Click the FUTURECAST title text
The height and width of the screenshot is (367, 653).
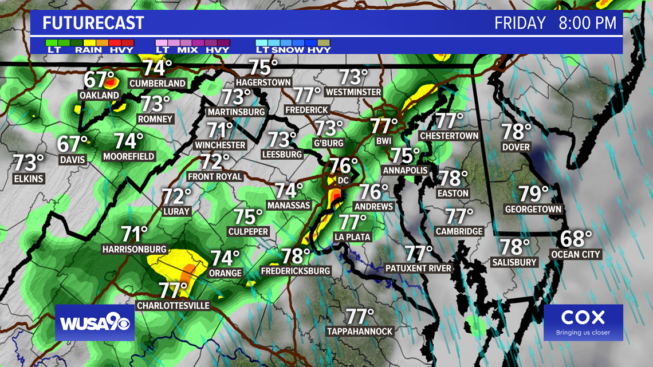click(x=93, y=23)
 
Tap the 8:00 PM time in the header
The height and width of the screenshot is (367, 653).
click(x=588, y=23)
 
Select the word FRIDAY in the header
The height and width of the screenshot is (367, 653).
click(x=520, y=23)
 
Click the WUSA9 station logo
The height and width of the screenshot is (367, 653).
click(x=95, y=323)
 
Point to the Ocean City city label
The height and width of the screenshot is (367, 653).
click(x=575, y=254)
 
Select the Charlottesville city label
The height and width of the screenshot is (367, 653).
click(x=173, y=306)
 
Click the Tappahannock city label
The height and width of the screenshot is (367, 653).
click(x=360, y=332)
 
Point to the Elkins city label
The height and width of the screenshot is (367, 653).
click(x=29, y=179)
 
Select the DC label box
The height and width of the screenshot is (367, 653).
click(x=343, y=180)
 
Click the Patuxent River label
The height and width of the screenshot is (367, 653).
click(x=418, y=268)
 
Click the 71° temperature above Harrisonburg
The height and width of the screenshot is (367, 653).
click(x=134, y=234)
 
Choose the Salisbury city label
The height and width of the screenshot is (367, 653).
click(x=514, y=262)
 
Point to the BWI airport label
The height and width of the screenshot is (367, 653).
click(x=383, y=141)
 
